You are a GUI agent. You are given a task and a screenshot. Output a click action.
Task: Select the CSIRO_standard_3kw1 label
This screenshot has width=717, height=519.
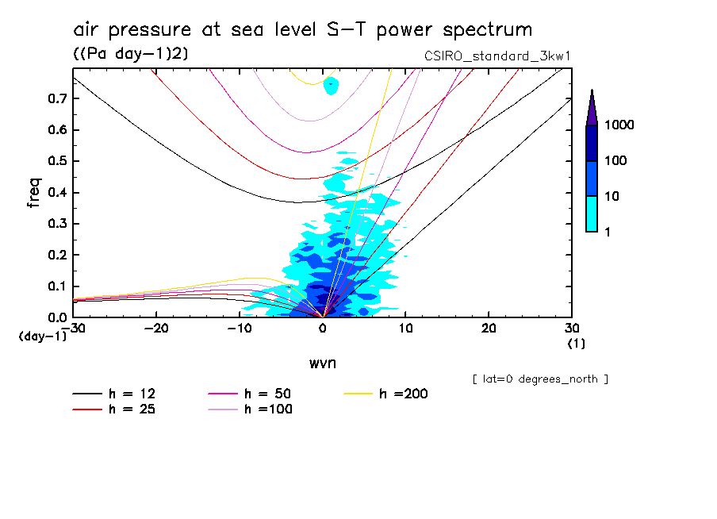point(497,55)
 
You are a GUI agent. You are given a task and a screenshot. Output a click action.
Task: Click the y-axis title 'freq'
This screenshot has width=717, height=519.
point(34,193)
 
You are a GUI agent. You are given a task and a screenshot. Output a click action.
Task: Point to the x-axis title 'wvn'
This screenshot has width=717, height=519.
point(322,363)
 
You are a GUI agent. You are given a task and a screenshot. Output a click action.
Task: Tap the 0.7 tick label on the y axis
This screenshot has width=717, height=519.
point(56,98)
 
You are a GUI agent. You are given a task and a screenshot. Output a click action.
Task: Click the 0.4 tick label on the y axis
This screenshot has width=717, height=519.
point(56,193)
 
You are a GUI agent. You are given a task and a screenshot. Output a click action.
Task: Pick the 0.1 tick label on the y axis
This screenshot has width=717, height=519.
point(56,286)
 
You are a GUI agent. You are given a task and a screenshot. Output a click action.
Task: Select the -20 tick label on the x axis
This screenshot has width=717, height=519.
point(156,328)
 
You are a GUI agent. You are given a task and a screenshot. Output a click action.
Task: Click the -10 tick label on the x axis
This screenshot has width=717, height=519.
point(239,328)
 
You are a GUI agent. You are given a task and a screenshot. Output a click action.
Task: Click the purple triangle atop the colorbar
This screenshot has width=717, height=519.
point(592,107)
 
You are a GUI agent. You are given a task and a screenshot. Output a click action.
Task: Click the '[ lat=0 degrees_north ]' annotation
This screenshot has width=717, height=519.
point(540,379)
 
